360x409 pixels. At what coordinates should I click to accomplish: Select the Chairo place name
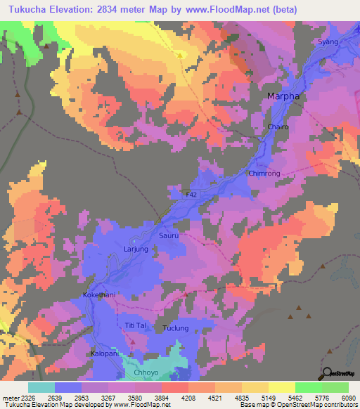coord(278,127)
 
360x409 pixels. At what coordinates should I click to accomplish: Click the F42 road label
coord(191,194)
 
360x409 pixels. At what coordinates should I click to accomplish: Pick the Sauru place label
coord(169,237)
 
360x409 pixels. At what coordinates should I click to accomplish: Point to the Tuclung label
coord(176,328)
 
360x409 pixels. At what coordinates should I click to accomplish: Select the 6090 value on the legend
coord(349,398)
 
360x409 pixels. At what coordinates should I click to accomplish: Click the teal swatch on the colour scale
coord(41,388)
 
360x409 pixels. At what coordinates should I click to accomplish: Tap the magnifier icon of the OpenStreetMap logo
coord(327,372)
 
